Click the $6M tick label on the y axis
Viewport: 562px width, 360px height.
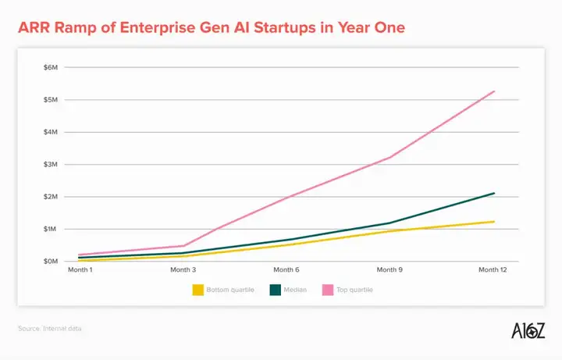coord(51,68)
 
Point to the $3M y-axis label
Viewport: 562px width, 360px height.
coord(51,165)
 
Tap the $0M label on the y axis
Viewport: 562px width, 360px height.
coord(51,261)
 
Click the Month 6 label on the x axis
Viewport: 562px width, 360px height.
coord(286,270)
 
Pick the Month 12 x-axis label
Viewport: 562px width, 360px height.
coord(493,270)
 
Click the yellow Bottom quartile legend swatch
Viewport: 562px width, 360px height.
coord(198,290)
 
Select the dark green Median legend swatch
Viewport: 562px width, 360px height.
coord(276,290)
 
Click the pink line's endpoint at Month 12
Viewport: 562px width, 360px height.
coord(494,91)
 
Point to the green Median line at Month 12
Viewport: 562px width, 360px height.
coord(494,193)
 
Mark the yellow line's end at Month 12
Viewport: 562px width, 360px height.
coord(494,222)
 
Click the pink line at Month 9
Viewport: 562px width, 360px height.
coord(390,158)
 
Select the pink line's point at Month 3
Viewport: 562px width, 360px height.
coord(183,246)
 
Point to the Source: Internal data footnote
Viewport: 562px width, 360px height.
coord(49,329)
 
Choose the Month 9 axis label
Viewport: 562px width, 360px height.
coord(390,270)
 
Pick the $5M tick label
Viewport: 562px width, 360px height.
coord(51,100)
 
